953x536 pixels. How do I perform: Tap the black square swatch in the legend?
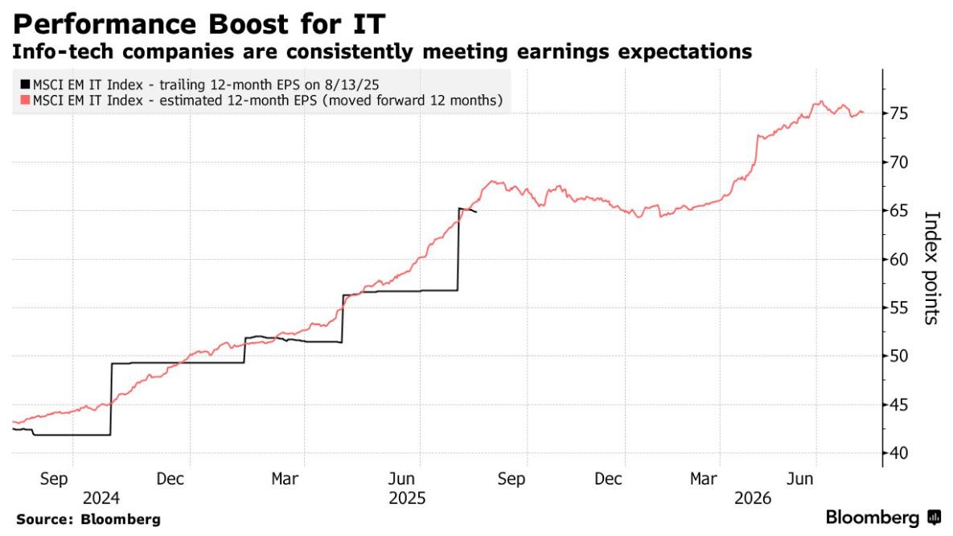coord(25,85)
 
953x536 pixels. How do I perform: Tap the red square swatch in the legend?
coord(25,101)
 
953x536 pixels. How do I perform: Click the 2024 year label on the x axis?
coord(94,499)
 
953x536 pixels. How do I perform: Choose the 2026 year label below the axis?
coord(752,499)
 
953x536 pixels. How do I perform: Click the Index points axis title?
coord(930,268)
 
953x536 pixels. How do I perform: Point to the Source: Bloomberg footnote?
coord(88,520)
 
